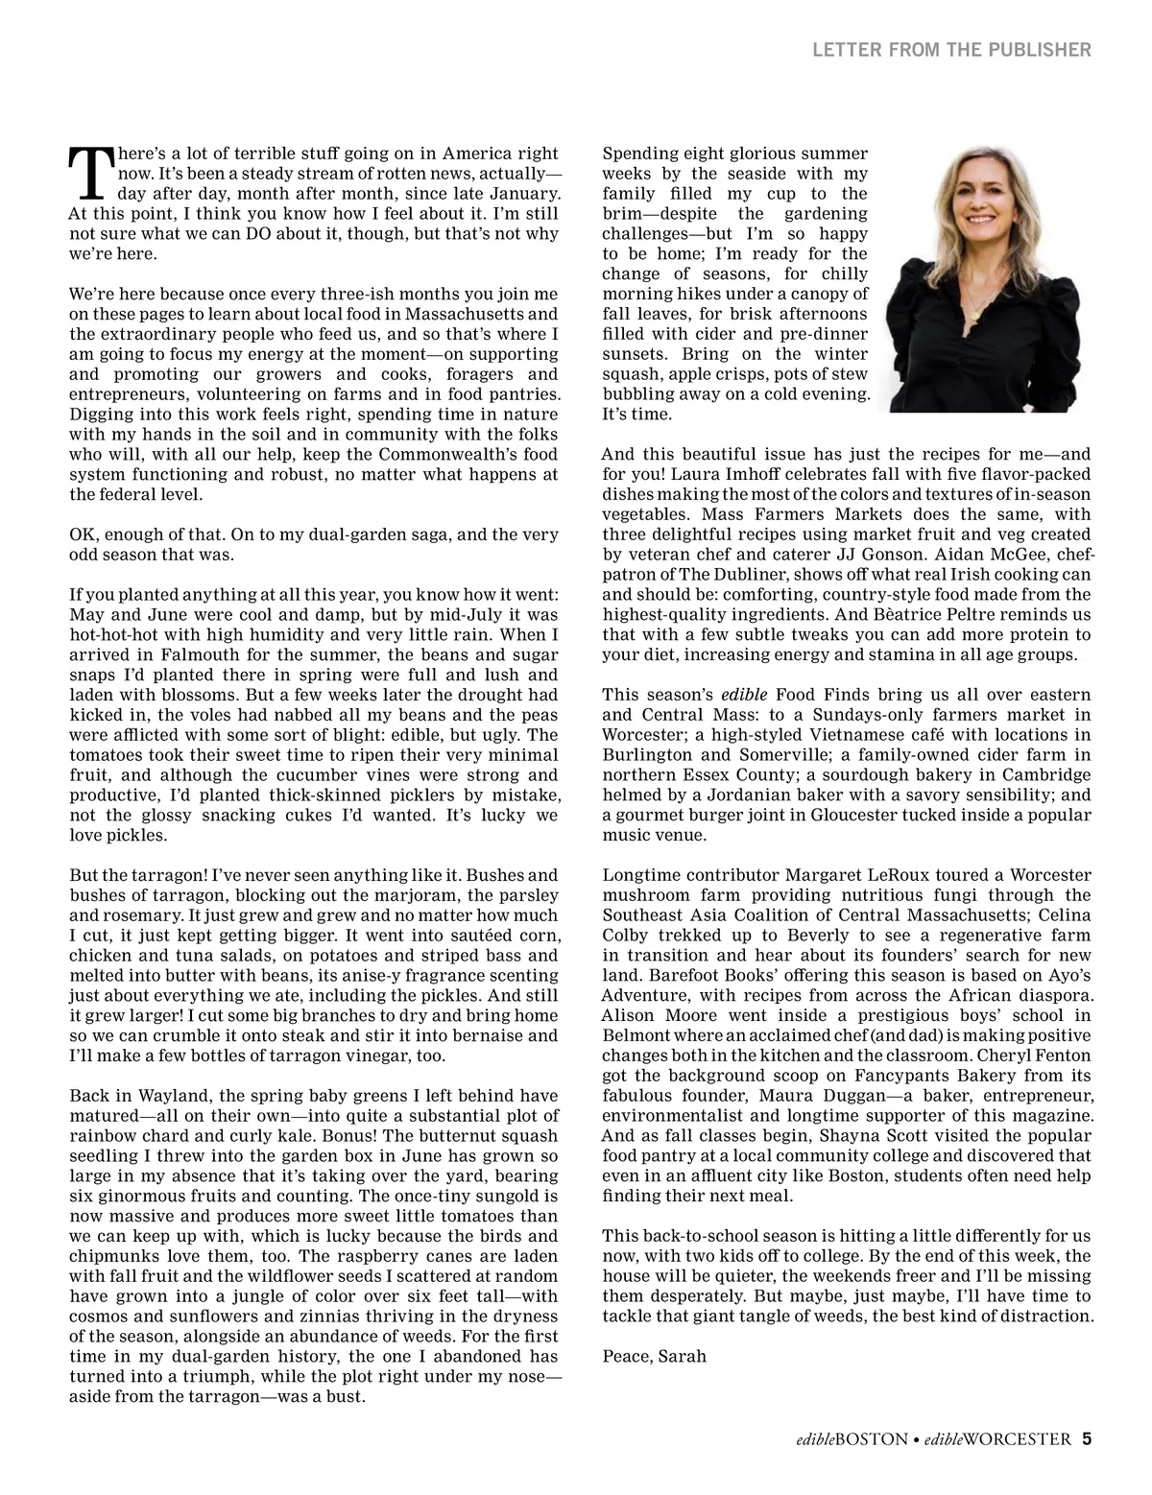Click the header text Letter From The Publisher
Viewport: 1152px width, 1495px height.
tap(951, 50)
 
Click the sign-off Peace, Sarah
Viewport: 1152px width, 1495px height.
tap(654, 1356)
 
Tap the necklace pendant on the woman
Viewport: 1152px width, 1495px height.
tap(977, 315)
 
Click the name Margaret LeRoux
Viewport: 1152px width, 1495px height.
tap(847, 875)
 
